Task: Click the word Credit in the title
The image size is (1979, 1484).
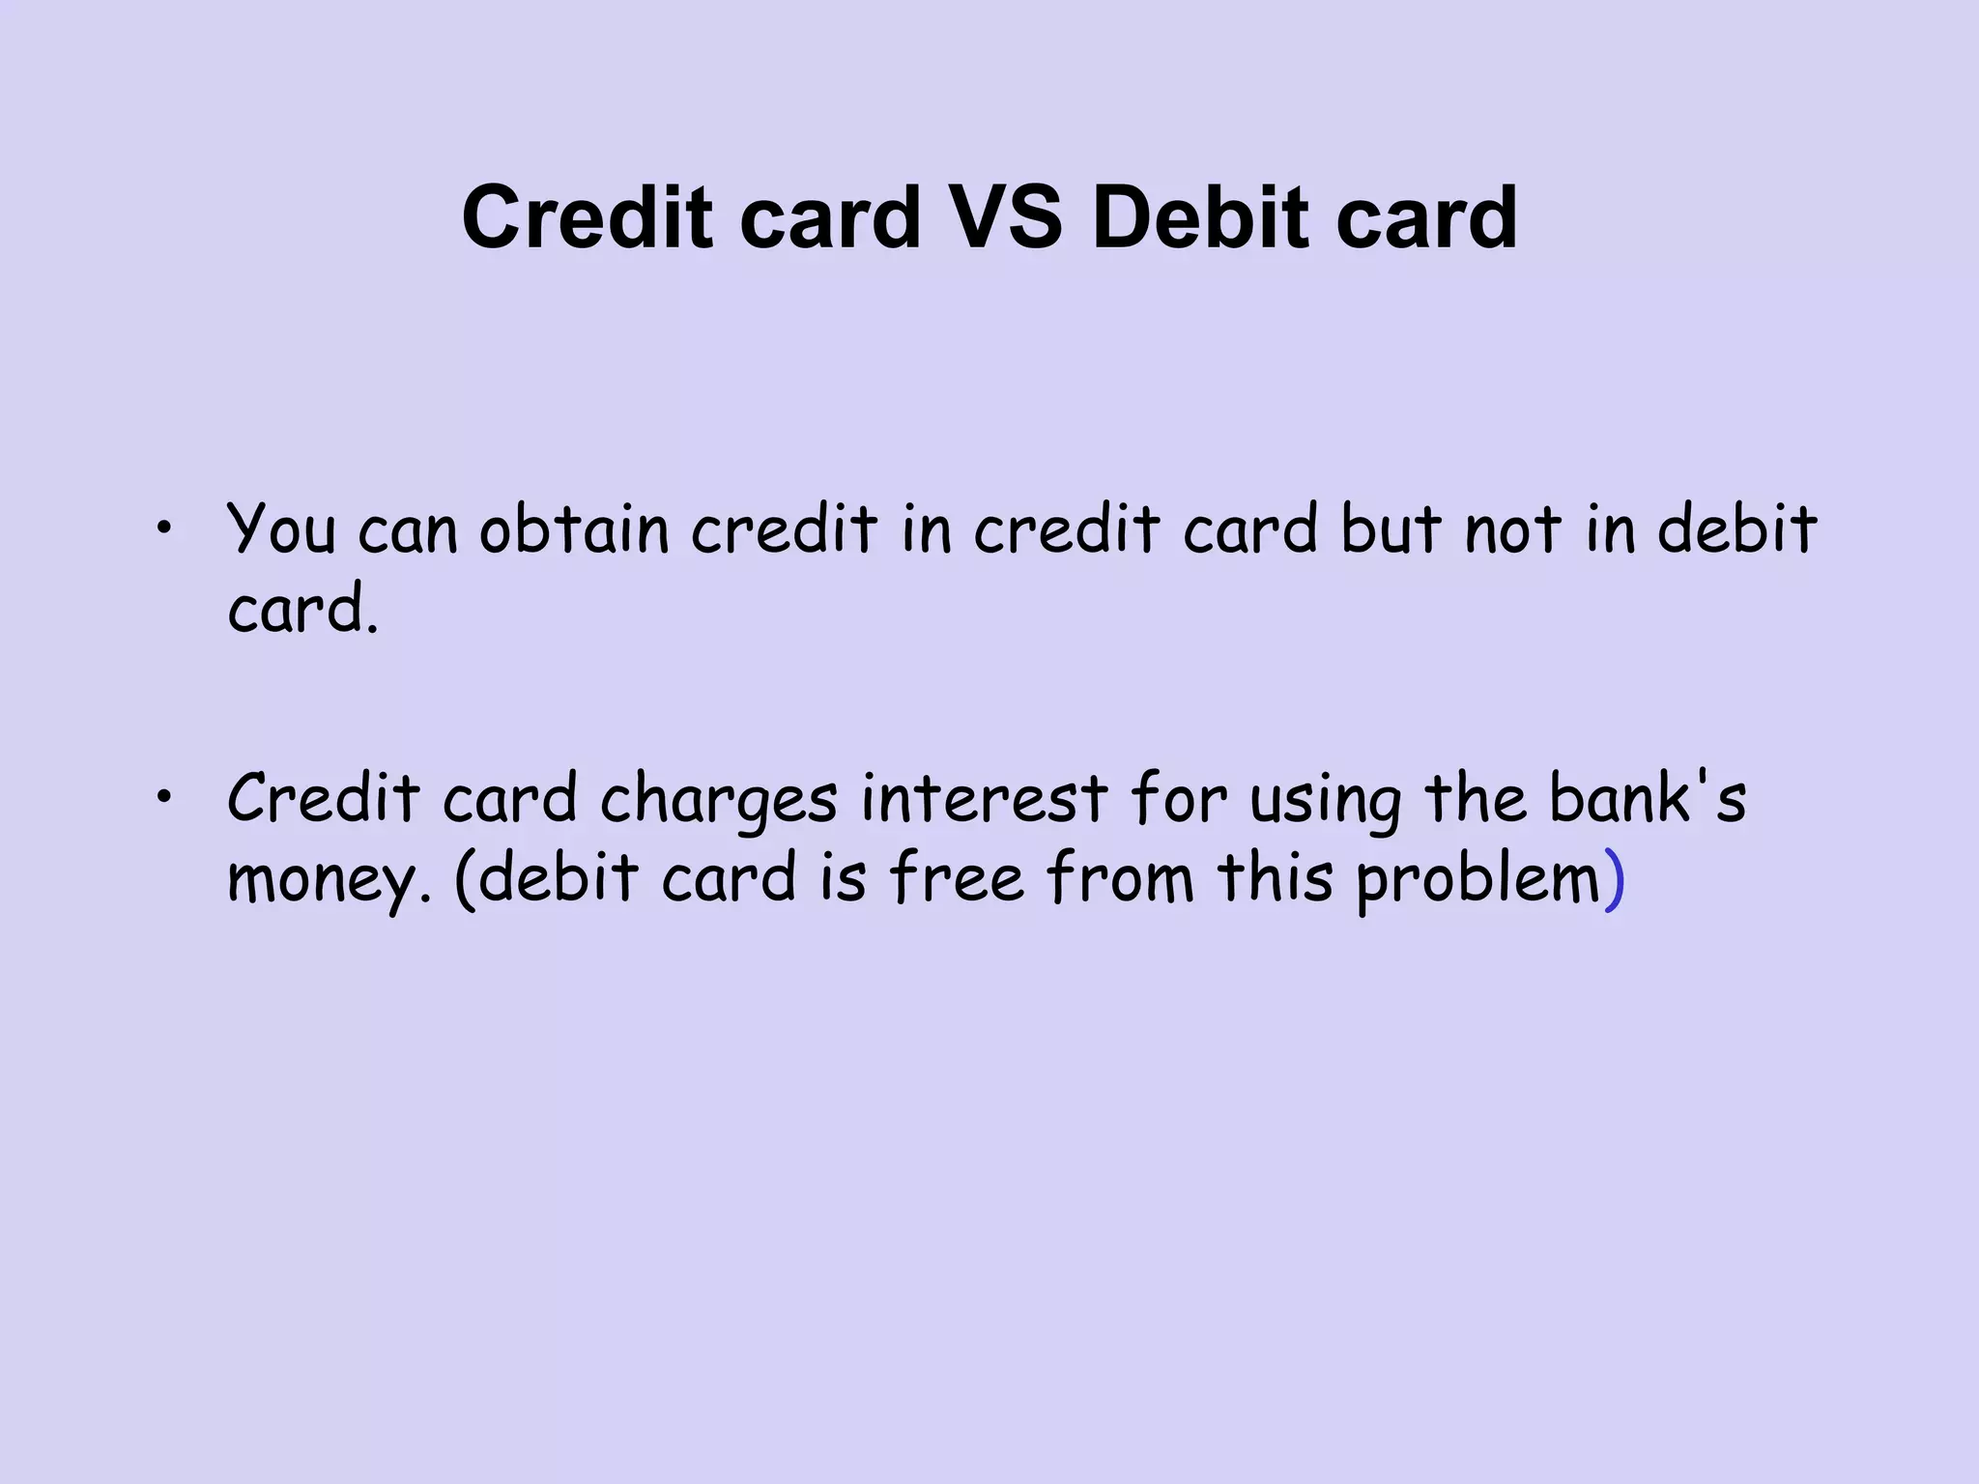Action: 587,218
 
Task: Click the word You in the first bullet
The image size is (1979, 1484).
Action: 281,529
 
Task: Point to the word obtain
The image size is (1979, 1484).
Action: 574,529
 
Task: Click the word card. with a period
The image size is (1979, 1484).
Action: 302,611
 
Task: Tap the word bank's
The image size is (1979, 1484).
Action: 1648,798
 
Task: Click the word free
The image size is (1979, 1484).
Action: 956,877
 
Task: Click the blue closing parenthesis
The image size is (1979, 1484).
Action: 1615,879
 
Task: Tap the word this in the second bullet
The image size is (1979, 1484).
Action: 1275,877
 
